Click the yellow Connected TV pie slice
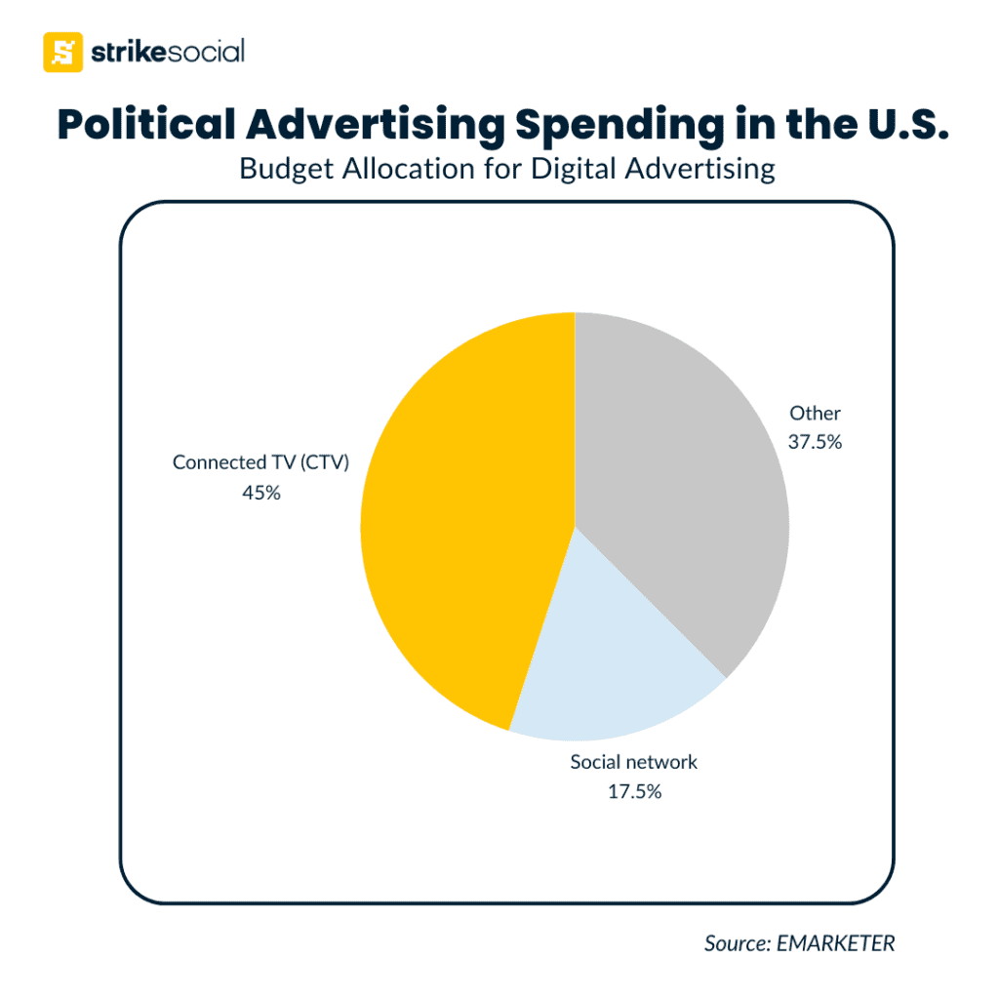(459, 527)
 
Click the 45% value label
(261, 493)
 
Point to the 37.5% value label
(815, 441)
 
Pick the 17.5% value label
(634, 791)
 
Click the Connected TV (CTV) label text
(260, 462)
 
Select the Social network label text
(634, 762)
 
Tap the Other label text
(815, 413)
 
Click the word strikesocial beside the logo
(167, 52)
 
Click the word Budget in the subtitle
(277, 169)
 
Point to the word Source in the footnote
(734, 943)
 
